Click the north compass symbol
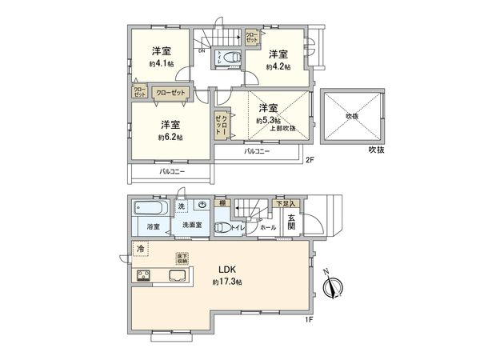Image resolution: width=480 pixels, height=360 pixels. (x=334, y=285)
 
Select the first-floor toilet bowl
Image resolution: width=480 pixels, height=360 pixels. (x=222, y=226)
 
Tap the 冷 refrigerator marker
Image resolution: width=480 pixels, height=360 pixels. (x=140, y=249)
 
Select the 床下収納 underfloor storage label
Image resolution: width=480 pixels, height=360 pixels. (x=183, y=258)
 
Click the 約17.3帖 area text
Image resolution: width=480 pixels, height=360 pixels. (x=227, y=282)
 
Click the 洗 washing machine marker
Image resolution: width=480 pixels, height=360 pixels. (x=182, y=206)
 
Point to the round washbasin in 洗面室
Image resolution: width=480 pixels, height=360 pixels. (x=202, y=206)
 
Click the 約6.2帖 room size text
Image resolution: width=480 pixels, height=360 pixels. (x=170, y=138)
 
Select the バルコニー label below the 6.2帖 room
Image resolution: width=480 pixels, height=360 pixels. (x=171, y=171)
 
